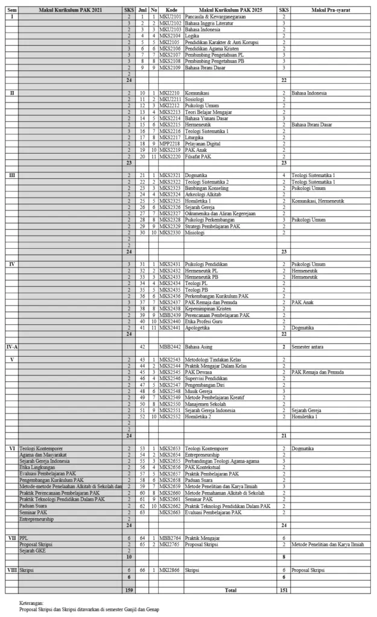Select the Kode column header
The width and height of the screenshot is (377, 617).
pos(171,11)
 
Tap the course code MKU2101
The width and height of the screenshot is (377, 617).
pos(171,17)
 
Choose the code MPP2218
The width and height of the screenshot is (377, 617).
pos(171,143)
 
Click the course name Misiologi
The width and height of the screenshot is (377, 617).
pos(196,232)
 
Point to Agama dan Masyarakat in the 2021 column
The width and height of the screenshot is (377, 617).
pos(43,454)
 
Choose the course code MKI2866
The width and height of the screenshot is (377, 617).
pos(171,569)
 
